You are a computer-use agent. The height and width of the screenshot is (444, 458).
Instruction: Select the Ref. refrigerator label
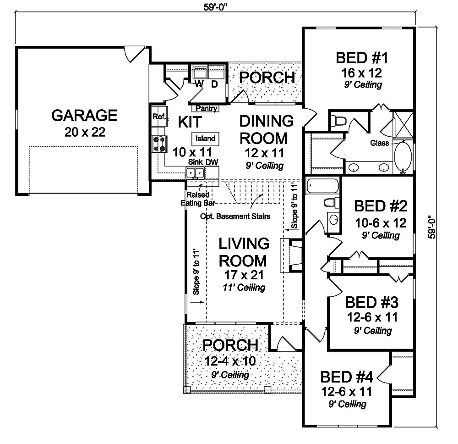[x=159, y=117]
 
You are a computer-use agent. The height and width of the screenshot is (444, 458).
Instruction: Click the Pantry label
[x=207, y=109]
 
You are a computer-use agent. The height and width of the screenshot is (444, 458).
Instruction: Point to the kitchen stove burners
[x=158, y=143]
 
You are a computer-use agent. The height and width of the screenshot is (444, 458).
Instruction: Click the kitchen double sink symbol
[x=195, y=173]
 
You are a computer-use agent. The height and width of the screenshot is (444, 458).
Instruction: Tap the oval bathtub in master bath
[x=403, y=158]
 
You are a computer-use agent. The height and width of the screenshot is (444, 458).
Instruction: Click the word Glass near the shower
[x=380, y=143]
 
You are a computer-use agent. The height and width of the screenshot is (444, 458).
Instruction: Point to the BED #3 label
[x=371, y=303]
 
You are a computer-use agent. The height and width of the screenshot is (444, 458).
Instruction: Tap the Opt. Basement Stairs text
[x=234, y=216]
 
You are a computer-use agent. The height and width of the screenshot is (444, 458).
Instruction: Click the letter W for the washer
[x=199, y=84]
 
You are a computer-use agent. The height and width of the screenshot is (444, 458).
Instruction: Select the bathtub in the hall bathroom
[x=323, y=186]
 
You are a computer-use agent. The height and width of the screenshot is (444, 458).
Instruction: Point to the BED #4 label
[x=347, y=377]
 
